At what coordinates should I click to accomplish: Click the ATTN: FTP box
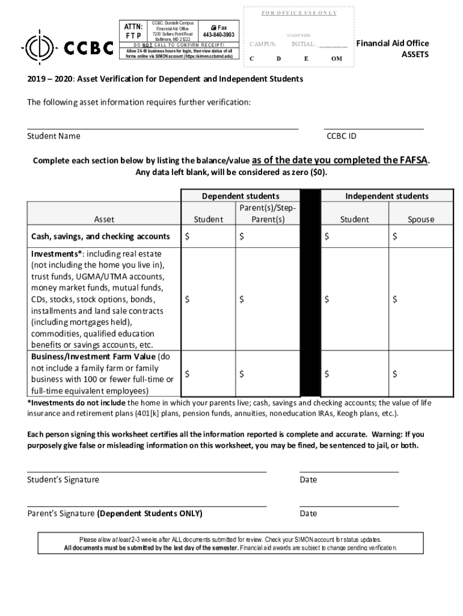click(x=133, y=31)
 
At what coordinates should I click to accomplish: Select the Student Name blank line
click(x=162, y=128)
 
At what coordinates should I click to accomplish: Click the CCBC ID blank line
click(x=373, y=128)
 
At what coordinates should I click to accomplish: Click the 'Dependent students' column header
click(x=240, y=196)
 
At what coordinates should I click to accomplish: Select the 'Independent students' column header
click(x=387, y=196)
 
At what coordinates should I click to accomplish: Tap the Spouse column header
click(x=420, y=219)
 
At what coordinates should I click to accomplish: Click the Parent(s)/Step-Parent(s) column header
click(x=268, y=214)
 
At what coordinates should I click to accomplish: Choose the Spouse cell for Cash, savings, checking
click(x=420, y=237)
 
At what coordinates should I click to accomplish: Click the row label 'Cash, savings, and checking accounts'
click(x=100, y=236)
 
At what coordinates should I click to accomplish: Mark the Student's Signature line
click(x=147, y=472)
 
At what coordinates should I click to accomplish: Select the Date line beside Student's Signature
click(x=349, y=472)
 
